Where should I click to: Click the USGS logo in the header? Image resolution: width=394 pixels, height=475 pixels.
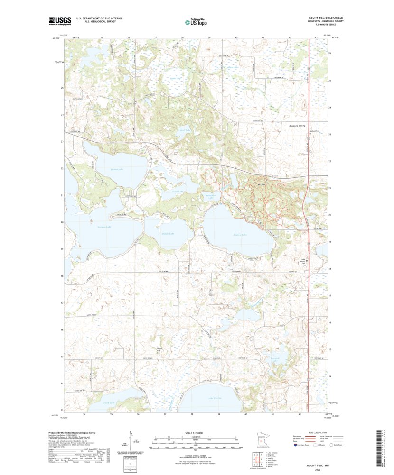pyautogui.click(x=59, y=20)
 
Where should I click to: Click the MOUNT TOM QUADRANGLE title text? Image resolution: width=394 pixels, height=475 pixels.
pyautogui.click(x=325, y=18)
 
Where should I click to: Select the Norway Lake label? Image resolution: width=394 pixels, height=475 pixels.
pyautogui.click(x=104, y=227)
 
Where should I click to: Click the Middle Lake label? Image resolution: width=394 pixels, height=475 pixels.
pyautogui.click(x=168, y=234)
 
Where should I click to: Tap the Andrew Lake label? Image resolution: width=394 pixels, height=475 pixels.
pyautogui.click(x=239, y=235)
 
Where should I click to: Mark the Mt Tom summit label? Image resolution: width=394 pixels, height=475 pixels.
pyautogui.click(x=261, y=185)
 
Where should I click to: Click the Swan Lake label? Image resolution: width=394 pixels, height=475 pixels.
pyautogui.click(x=177, y=192)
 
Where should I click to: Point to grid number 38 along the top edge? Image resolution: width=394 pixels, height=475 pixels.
pyautogui.click(x=182, y=37)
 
